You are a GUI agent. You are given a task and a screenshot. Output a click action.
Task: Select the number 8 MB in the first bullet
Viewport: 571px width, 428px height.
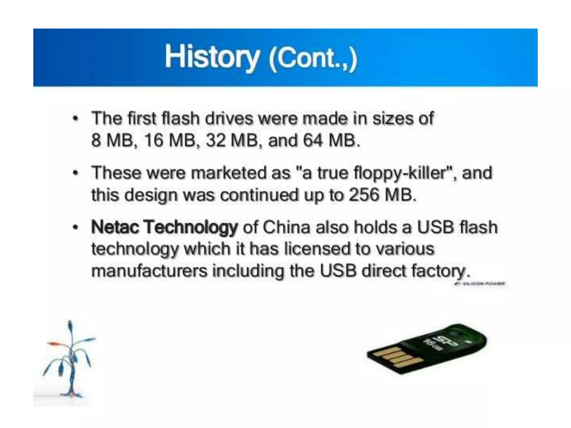pyautogui.click(x=112, y=140)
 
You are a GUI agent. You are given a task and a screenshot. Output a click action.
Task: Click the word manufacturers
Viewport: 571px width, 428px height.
pyautogui.click(x=149, y=271)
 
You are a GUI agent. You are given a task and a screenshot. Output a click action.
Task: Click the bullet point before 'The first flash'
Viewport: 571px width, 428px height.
pyautogui.click(x=74, y=119)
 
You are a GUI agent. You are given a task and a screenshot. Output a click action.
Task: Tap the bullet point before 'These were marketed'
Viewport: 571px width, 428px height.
pyautogui.click(x=74, y=173)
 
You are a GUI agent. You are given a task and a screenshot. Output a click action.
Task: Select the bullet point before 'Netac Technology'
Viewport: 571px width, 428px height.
pyautogui.click(x=74, y=228)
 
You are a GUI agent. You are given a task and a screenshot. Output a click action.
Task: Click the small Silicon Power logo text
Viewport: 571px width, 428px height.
pyautogui.click(x=479, y=284)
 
